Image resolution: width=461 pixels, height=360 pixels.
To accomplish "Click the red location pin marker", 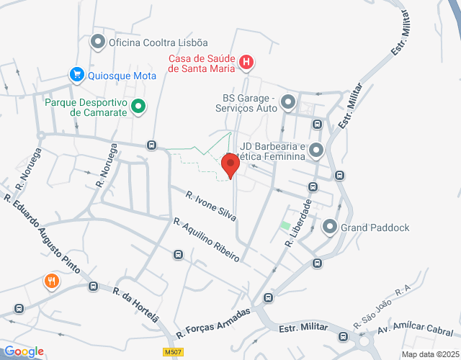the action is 230,166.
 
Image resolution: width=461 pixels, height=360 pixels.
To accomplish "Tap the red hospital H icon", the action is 246,63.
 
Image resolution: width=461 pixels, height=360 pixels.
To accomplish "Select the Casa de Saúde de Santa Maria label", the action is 202,63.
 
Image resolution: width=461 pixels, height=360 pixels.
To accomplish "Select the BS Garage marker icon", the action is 288,102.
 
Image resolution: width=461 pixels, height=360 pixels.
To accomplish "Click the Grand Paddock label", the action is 375,228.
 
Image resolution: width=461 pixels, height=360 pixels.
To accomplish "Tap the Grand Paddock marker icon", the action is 330,228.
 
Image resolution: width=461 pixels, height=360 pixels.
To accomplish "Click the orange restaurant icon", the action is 50,281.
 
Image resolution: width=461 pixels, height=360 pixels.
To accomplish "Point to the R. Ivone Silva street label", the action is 211,205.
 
